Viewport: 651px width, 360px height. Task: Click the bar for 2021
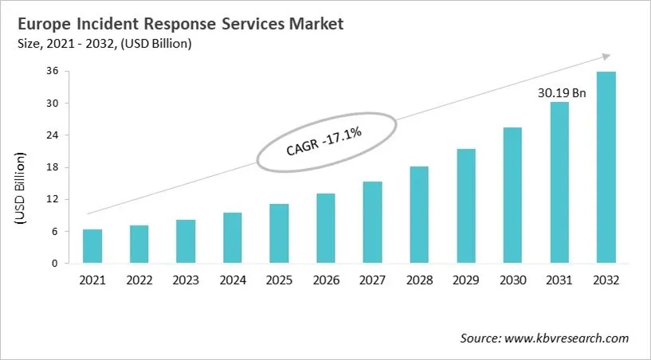coord(92,246)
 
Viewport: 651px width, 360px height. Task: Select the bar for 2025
coord(278,233)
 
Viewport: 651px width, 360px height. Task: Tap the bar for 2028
coord(418,215)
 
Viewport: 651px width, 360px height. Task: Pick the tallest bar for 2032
coord(606,167)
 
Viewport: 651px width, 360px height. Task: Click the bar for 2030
coord(512,195)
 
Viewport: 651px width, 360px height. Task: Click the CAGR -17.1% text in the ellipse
coord(324,142)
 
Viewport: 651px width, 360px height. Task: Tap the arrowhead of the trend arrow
coord(606,57)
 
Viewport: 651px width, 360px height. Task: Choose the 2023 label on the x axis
coord(186,280)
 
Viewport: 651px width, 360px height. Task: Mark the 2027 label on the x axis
coord(372,280)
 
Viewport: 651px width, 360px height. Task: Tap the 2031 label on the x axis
coord(559,280)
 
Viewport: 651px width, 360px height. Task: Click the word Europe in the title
coord(41,24)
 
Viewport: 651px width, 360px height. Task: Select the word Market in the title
coord(314,24)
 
